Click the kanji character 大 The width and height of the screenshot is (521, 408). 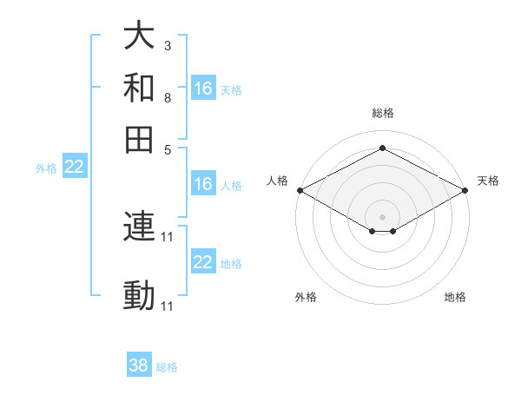(140, 36)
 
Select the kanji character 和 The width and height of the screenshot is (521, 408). (140, 88)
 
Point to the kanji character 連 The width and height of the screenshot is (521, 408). (140, 227)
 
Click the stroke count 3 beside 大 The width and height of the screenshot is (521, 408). (167, 45)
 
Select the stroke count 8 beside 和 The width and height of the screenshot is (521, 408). (167, 97)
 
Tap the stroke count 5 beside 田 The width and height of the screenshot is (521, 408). (167, 148)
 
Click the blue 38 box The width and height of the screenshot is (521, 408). (139, 365)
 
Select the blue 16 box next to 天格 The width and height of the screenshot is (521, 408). (203, 89)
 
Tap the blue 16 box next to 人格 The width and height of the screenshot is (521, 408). (203, 184)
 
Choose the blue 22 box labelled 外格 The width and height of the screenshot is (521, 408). (74, 168)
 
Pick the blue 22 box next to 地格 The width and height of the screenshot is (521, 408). (203, 262)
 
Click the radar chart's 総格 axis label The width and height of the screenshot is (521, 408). (382, 113)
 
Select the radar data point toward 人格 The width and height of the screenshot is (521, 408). (300, 190)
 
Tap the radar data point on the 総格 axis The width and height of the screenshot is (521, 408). (382, 148)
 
